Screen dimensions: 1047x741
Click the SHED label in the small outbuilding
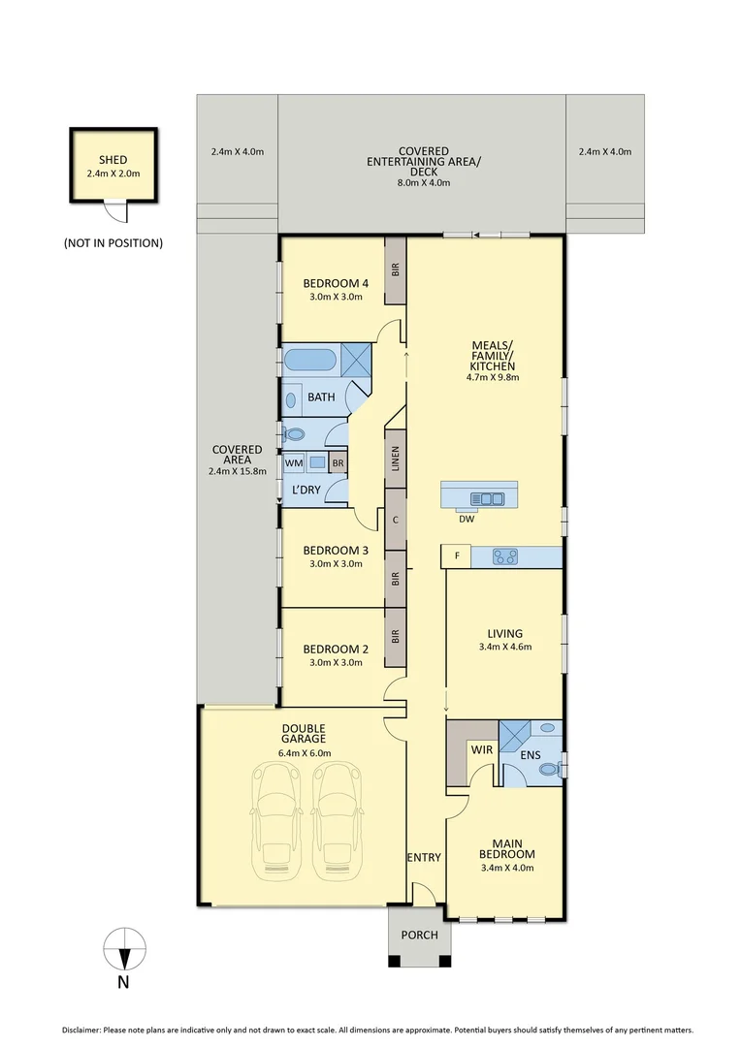click(x=113, y=160)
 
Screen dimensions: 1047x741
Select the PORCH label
click(x=419, y=936)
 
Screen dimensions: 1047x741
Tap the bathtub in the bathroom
click(x=308, y=361)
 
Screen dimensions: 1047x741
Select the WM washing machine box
click(x=293, y=463)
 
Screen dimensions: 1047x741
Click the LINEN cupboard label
click(x=395, y=459)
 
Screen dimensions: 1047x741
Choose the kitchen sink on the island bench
click(x=485, y=498)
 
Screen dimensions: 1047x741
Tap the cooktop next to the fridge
click(x=505, y=556)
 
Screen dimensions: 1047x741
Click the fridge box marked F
click(x=455, y=556)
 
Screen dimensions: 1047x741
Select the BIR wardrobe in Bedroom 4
click(x=395, y=270)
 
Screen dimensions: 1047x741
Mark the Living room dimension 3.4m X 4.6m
click(x=505, y=647)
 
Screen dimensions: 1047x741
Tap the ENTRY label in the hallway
click(x=424, y=857)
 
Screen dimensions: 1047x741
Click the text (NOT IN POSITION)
click(x=113, y=242)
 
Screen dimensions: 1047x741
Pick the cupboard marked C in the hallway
click(x=395, y=520)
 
